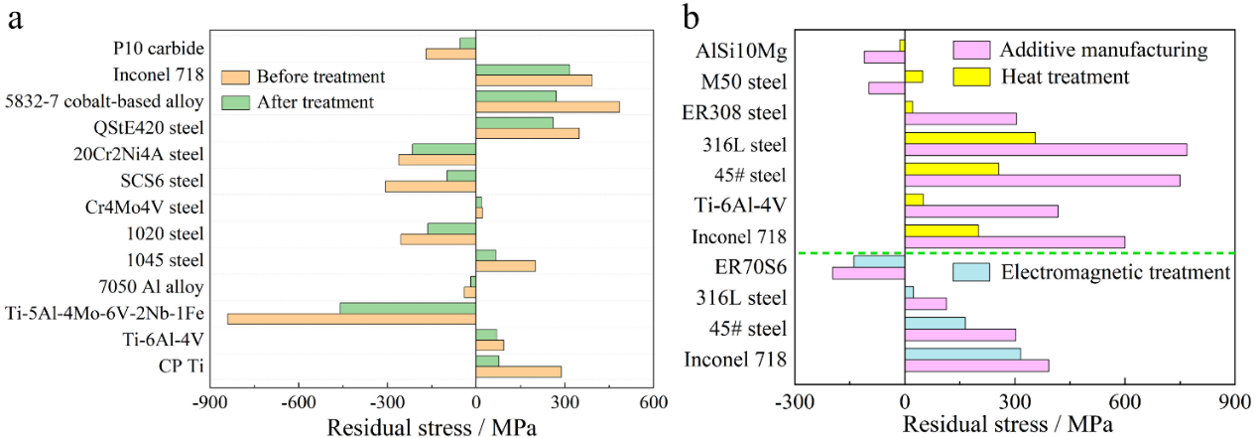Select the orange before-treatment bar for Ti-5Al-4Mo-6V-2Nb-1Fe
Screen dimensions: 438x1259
pyautogui.click(x=351, y=319)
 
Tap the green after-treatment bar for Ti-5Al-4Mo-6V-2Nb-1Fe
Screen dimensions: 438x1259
pyautogui.click(x=408, y=308)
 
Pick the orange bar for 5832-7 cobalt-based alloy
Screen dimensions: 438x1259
pyautogui.click(x=548, y=106)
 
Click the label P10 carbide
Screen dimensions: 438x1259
pyautogui.click(x=159, y=48)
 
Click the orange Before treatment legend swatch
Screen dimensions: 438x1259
pyautogui.click(x=235, y=76)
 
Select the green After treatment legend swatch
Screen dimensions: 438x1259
pyautogui.click(x=235, y=101)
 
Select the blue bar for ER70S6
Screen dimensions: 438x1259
pyautogui.click(x=879, y=261)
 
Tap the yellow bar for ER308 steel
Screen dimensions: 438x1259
pyautogui.click(x=909, y=106)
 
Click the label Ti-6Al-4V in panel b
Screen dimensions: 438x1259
pyautogui.click(x=742, y=207)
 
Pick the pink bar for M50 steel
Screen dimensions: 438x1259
pyautogui.click(x=886, y=87)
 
